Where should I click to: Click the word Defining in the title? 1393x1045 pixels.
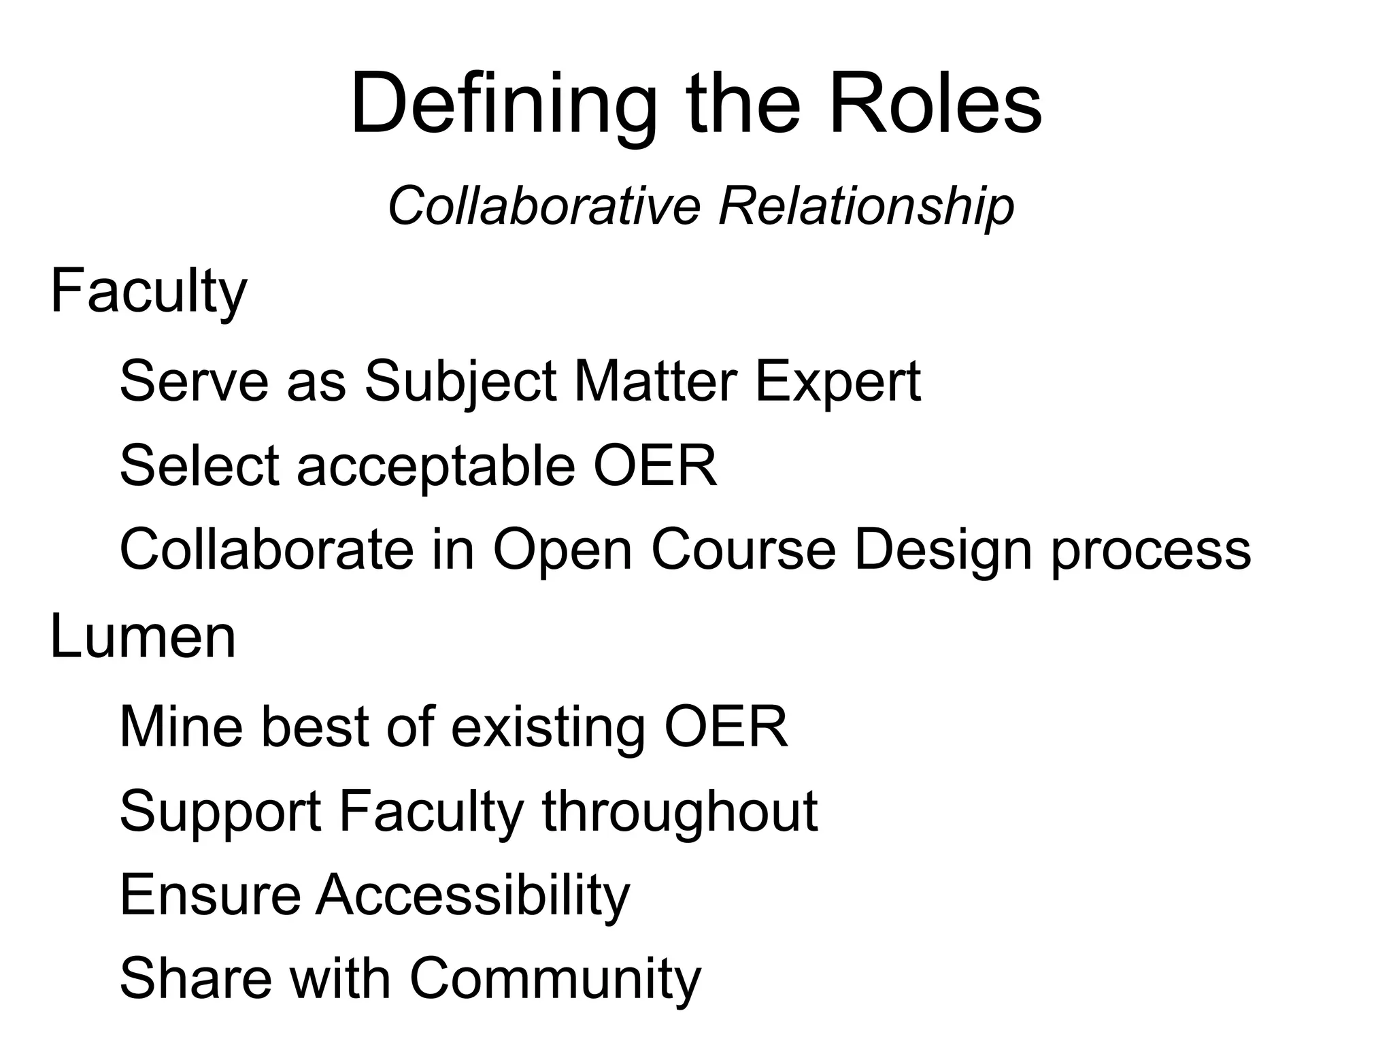tap(503, 105)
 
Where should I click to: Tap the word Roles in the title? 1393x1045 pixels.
tap(935, 105)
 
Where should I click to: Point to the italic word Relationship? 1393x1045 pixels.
tap(866, 205)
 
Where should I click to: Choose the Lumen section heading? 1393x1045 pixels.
tap(143, 637)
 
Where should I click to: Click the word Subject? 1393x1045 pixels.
tap(461, 382)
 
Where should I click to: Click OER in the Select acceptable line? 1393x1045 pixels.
tap(655, 465)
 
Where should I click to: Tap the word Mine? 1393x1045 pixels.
tap(181, 727)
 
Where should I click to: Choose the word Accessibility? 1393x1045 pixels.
tap(473, 895)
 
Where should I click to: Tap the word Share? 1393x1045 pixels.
tap(195, 978)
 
